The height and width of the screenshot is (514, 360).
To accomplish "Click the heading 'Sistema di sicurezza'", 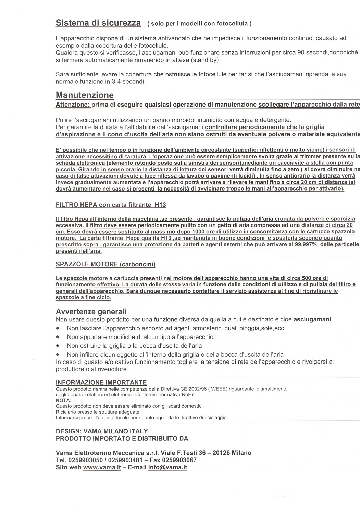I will point(98,23).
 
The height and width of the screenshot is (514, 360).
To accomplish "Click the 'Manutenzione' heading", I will point(85,95).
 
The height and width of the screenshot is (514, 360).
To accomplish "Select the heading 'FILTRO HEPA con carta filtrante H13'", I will point(111,205).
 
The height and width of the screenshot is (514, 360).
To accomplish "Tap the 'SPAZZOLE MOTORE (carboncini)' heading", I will point(105,264).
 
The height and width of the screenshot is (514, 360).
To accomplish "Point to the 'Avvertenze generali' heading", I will point(91,311).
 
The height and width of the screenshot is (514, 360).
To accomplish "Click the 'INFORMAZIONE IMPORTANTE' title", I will point(101,382).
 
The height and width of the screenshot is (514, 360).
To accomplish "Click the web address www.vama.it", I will point(102,467).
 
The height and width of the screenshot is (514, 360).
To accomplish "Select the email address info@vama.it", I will point(167,467).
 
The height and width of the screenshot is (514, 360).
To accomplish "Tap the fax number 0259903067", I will point(178,460).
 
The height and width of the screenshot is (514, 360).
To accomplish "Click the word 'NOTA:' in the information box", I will point(63,400).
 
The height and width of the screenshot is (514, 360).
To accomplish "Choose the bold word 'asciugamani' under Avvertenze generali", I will point(312,319).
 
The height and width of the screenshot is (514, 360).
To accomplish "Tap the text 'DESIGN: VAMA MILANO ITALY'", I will point(102,431).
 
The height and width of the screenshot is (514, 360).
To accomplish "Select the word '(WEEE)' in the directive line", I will point(220,389).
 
